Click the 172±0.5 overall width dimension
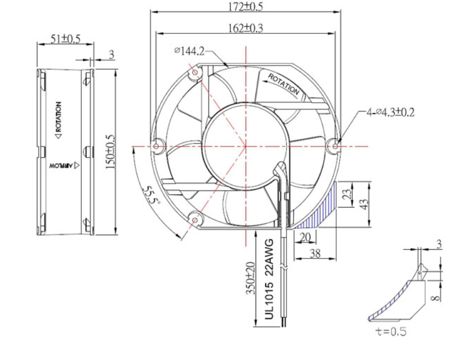[245, 7]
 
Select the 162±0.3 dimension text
[245, 28]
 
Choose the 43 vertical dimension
[365, 202]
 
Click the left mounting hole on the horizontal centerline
[158, 146]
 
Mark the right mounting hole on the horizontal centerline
[334, 146]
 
